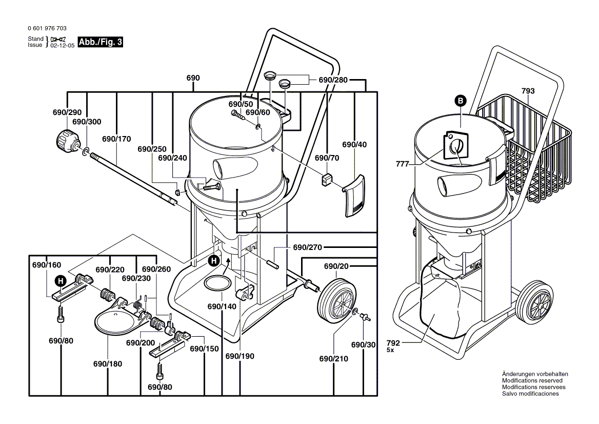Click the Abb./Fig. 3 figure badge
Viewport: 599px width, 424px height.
(x=101, y=42)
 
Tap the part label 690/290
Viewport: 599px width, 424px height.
(x=67, y=112)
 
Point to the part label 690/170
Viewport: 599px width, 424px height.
(x=116, y=139)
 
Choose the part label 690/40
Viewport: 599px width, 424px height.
(x=354, y=145)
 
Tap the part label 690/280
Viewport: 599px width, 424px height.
(x=333, y=80)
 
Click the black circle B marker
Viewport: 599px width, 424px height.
(x=460, y=101)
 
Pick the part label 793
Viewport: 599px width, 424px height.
(x=528, y=91)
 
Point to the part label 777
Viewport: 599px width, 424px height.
(x=403, y=164)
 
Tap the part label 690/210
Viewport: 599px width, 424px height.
(x=333, y=358)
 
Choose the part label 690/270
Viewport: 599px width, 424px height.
(x=307, y=247)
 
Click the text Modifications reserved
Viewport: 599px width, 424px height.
(x=532, y=380)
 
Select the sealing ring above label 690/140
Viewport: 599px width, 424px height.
(x=218, y=282)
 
